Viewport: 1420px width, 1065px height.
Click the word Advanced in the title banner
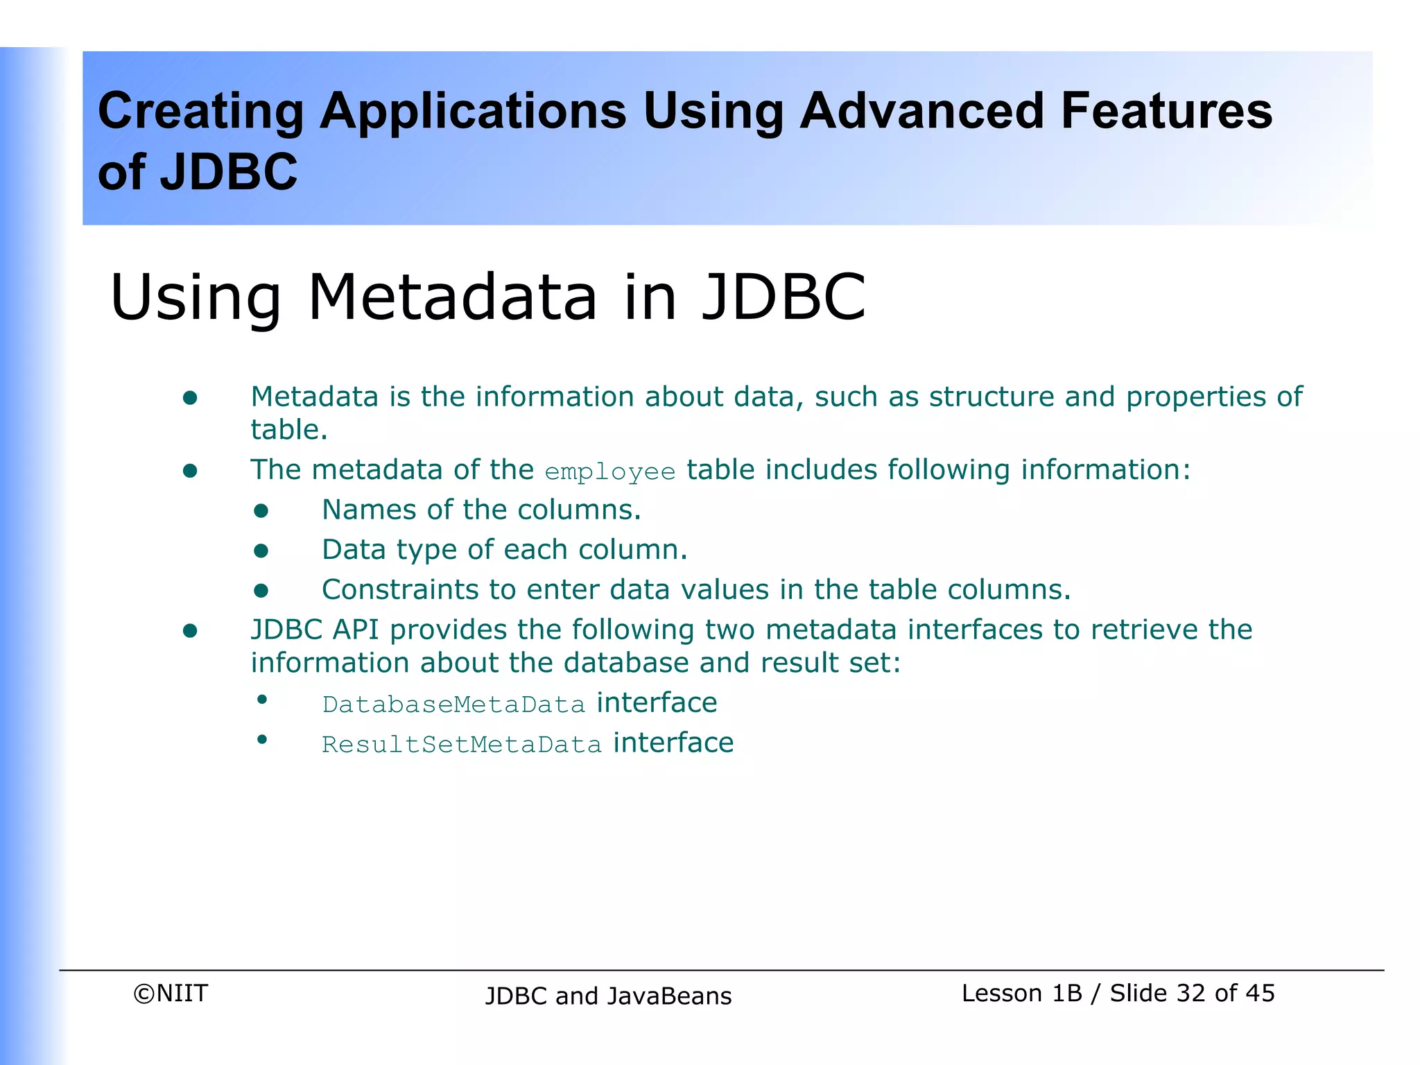[x=921, y=111]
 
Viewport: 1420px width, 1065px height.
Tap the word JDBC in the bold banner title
[x=228, y=172]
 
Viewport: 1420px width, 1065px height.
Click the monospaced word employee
[x=609, y=472]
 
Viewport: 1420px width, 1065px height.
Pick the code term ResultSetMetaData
[x=462, y=745]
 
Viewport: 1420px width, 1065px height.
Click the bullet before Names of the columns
[x=261, y=511]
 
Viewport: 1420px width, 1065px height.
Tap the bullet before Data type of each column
[x=261, y=551]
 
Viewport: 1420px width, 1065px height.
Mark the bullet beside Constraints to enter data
[x=261, y=591]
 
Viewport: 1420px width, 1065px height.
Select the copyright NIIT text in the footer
[x=171, y=993]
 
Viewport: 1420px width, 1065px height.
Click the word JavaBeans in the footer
[x=669, y=996]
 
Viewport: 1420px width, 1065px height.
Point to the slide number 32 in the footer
[x=1191, y=993]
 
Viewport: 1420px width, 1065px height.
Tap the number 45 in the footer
[x=1260, y=993]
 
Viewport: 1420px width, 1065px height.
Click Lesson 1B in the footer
[x=1021, y=993]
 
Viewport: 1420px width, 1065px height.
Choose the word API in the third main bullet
[x=356, y=630]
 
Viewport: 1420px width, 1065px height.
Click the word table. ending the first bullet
[x=288, y=430]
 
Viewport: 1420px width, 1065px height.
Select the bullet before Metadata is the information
[x=190, y=398]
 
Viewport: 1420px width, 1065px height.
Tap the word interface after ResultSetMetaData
[x=673, y=743]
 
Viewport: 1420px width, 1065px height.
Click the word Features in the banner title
[x=1166, y=111]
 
